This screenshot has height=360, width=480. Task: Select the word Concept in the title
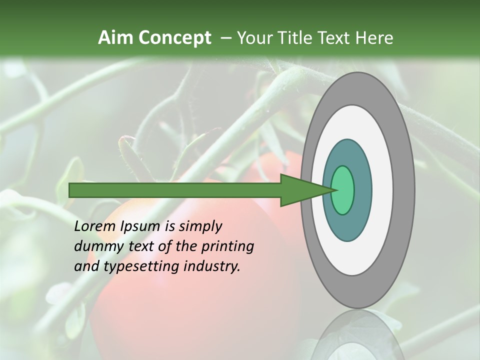tap(174, 37)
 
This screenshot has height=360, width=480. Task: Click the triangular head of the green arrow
tap(300, 190)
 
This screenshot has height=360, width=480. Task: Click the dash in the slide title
tap(225, 38)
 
